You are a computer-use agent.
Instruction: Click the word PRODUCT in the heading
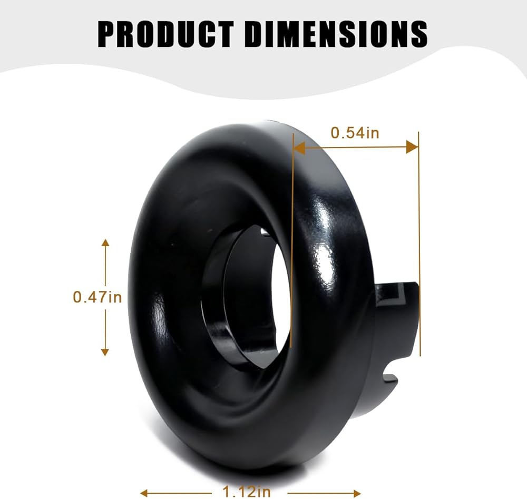point(165,34)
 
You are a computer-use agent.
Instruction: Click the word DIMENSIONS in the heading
point(336,34)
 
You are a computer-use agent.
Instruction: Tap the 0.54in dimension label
point(355,132)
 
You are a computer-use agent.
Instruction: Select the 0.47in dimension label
point(97,297)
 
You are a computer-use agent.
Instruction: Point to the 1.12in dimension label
point(247,492)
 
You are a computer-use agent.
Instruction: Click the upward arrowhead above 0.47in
point(105,243)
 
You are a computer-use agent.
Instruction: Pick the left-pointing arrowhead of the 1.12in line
point(144,493)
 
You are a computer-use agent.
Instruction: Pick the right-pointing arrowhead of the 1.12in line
point(357,493)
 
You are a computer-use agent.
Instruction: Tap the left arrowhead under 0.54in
point(299,147)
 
